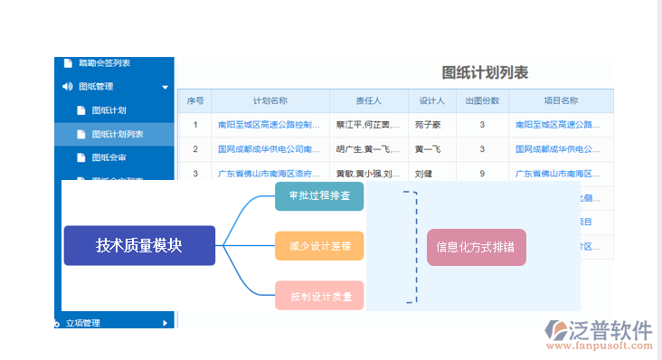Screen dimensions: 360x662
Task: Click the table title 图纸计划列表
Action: (x=485, y=73)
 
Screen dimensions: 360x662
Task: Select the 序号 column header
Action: (x=195, y=101)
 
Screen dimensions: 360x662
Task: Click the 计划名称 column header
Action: (x=270, y=101)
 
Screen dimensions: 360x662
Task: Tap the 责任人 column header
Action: (x=368, y=101)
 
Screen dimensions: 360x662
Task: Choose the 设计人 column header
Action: (x=433, y=101)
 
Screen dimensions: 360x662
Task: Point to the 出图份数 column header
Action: (x=482, y=101)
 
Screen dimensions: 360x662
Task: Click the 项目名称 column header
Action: (x=561, y=101)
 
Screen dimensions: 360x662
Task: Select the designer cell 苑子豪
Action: (x=433, y=125)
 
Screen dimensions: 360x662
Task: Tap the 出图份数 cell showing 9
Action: (x=482, y=173)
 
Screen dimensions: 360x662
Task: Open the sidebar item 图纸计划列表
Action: (x=117, y=134)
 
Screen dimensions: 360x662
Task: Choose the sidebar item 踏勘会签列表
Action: (x=104, y=62)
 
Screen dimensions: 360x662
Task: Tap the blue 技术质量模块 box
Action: (x=139, y=245)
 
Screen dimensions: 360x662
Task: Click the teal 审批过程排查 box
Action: (x=319, y=195)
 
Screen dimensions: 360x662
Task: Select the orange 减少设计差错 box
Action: (x=319, y=245)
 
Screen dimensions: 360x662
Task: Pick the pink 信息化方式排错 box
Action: (x=476, y=246)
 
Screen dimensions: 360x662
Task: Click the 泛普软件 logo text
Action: (x=611, y=329)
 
